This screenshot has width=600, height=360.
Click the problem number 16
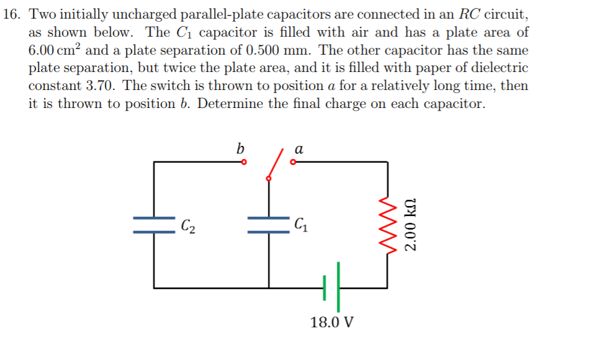[11, 14]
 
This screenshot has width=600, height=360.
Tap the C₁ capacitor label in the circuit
[300, 224]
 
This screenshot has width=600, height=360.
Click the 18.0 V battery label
[332, 323]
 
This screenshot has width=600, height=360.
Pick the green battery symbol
[333, 287]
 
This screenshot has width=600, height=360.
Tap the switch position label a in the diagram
[298, 150]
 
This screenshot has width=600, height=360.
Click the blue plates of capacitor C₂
[154, 225]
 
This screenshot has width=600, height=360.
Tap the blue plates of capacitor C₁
[269, 225]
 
